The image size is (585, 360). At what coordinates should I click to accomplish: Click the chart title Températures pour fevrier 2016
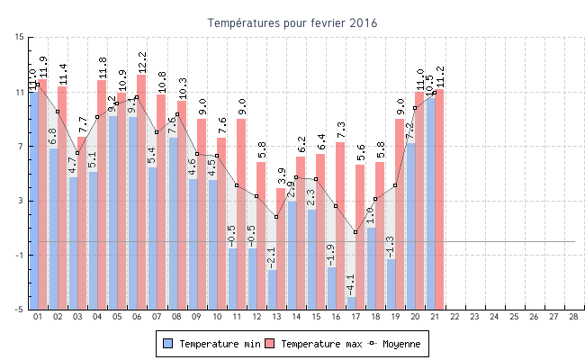(292, 22)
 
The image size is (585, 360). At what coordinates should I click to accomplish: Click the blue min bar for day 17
(352, 302)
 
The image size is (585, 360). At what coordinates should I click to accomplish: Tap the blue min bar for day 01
(34, 198)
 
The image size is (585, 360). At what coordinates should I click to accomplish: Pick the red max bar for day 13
(281, 247)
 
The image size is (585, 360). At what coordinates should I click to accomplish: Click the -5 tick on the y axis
(20, 310)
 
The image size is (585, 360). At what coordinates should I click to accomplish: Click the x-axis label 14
(295, 317)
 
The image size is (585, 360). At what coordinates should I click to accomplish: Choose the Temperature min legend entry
(207, 344)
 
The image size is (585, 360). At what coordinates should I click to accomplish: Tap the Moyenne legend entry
(396, 344)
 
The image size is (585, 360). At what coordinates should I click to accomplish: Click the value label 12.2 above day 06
(141, 62)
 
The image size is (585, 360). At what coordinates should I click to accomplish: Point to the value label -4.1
(351, 283)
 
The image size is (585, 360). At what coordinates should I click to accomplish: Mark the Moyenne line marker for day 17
(356, 232)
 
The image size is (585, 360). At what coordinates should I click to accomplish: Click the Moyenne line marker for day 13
(276, 217)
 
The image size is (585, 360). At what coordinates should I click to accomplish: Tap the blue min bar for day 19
(391, 283)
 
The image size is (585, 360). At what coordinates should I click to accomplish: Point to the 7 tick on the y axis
(20, 146)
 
